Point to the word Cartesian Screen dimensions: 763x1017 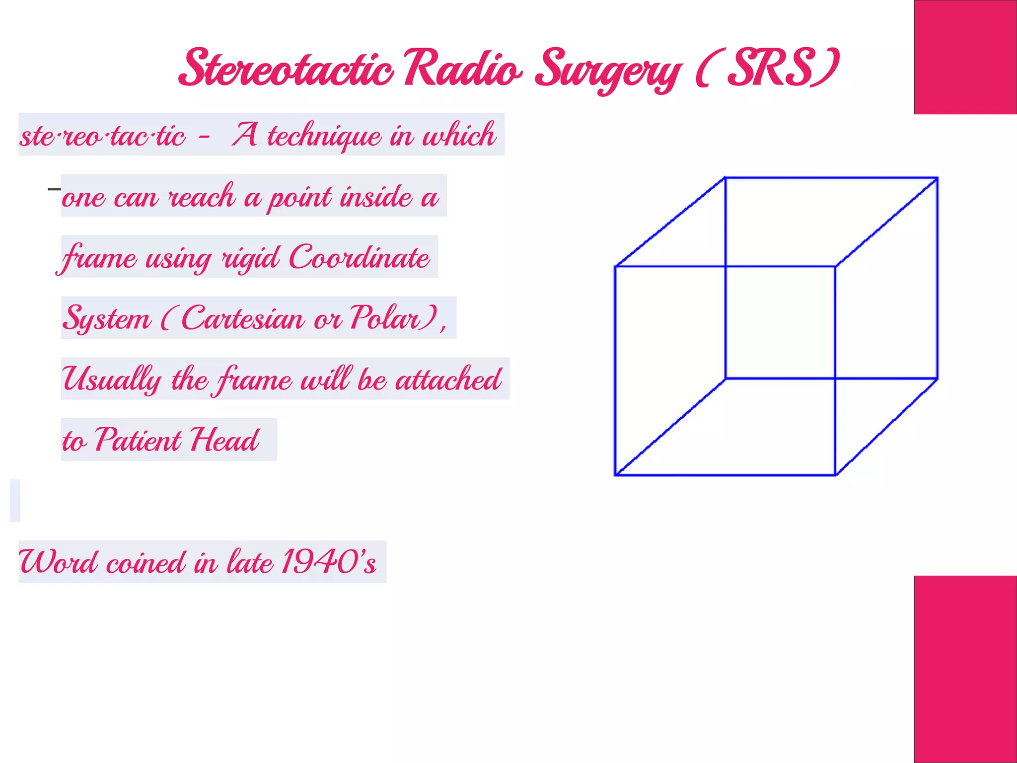click(242, 318)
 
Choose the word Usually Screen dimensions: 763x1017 click(112, 380)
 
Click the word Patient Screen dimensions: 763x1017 click(138, 440)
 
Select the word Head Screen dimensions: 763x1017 click(225, 440)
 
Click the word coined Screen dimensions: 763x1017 click(145, 563)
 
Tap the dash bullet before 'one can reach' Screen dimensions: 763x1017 click(54, 189)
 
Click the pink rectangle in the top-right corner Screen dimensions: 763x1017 click(965, 57)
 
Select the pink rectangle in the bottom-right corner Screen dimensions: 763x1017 click(965, 669)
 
